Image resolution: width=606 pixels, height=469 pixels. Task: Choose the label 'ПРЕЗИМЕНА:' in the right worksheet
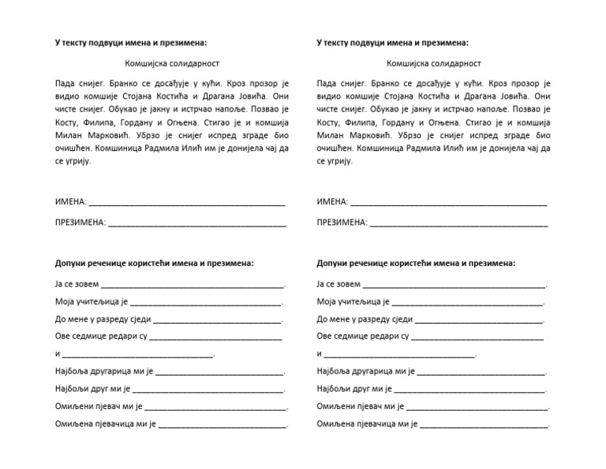(x=342, y=223)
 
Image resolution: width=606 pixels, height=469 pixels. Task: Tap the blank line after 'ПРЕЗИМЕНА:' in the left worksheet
(x=196, y=223)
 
